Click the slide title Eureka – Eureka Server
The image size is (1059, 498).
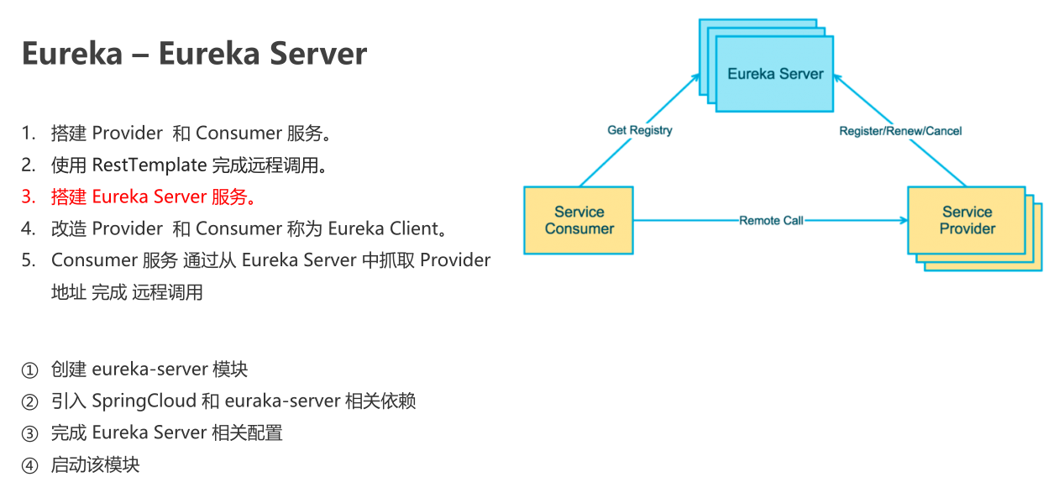click(x=194, y=54)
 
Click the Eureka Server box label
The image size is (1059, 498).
click(x=775, y=74)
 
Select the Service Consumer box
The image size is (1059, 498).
click(x=579, y=220)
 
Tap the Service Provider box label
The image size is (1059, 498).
click(x=967, y=220)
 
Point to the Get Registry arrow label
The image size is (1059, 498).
click(x=639, y=130)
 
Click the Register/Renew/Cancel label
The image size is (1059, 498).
click(x=900, y=131)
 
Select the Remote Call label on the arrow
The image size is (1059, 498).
click(x=771, y=220)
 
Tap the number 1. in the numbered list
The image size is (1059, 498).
click(x=29, y=134)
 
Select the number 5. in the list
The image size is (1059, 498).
click(x=29, y=260)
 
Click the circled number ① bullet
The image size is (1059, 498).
click(x=29, y=370)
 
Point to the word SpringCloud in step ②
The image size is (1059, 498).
click(x=144, y=401)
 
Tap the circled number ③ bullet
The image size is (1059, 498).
click(x=29, y=433)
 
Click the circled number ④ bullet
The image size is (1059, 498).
click(x=29, y=465)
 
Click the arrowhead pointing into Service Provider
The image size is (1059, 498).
click(x=903, y=220)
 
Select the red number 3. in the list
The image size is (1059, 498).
click(x=29, y=197)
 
